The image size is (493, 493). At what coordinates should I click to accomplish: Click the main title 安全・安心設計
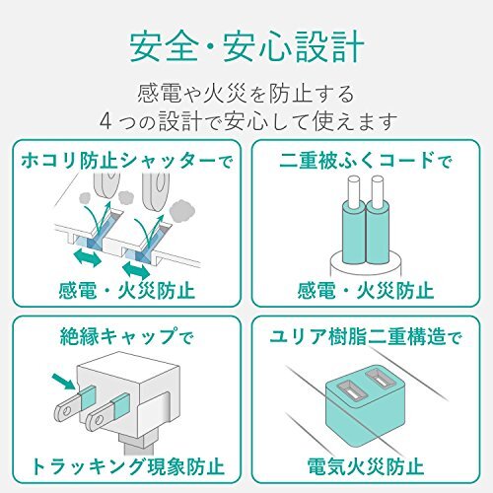(x=246, y=47)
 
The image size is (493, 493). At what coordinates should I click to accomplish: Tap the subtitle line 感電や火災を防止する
(x=246, y=97)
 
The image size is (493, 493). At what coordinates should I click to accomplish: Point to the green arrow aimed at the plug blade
(x=61, y=379)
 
